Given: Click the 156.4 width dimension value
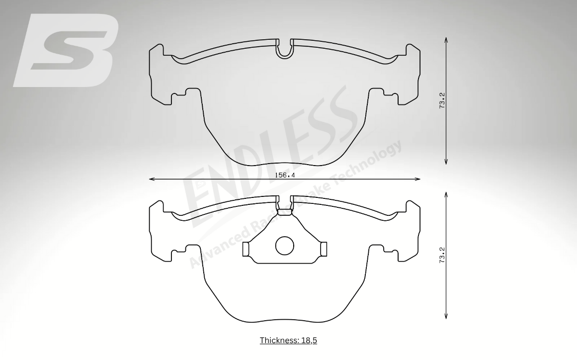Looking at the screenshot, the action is pyautogui.click(x=285, y=175).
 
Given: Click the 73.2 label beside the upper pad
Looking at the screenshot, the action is pyautogui.click(x=442, y=100).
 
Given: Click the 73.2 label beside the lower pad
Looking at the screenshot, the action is pyautogui.click(x=442, y=255).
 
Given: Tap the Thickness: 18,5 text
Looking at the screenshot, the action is pyautogui.click(x=288, y=340).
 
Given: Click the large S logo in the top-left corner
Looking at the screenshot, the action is pyautogui.click(x=66, y=50).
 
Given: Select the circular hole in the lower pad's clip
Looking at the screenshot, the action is pyautogui.click(x=285, y=246).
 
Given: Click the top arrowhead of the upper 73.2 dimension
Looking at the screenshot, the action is pyautogui.click(x=446, y=39).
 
